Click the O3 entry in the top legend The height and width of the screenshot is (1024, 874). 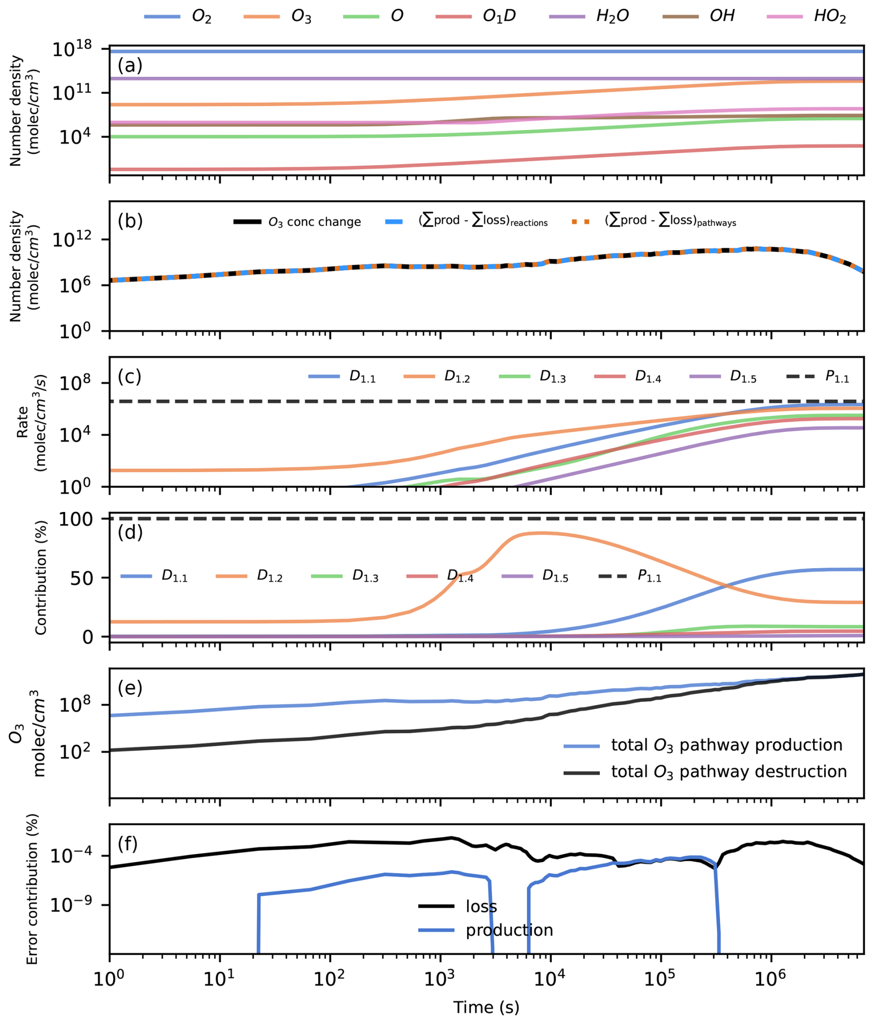pyautogui.click(x=301, y=16)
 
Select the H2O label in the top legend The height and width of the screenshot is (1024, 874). pyautogui.click(x=612, y=16)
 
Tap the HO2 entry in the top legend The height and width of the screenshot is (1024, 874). pyautogui.click(x=830, y=16)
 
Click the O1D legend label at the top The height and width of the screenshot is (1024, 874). pyautogui.click(x=499, y=16)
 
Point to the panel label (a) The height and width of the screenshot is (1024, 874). pyautogui.click(x=130, y=65)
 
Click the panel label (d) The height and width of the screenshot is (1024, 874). pyautogui.click(x=130, y=532)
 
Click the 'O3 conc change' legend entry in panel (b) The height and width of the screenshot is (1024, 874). pyautogui.click(x=314, y=222)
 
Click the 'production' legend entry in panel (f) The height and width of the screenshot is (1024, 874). pyautogui.click(x=509, y=930)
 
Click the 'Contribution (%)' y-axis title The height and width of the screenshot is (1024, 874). pyautogui.click(x=41, y=578)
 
